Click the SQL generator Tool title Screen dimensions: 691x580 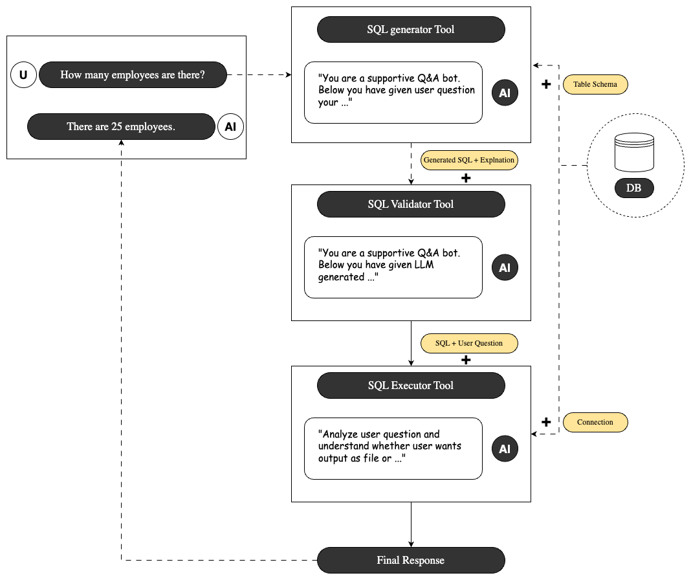point(411,30)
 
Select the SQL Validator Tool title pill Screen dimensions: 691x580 point(411,204)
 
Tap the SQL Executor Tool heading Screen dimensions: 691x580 point(411,386)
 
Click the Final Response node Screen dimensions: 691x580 point(411,560)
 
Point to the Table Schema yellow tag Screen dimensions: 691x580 point(595,84)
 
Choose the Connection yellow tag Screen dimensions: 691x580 point(595,422)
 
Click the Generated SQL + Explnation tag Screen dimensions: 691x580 point(469,160)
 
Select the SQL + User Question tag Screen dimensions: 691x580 point(469,343)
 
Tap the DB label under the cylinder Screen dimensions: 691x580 point(633,188)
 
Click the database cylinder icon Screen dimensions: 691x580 point(634,152)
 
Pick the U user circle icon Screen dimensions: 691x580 point(23,74)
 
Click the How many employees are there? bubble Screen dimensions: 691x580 point(133,74)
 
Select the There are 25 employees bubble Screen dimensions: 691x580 point(121,127)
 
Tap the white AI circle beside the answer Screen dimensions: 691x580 point(230,127)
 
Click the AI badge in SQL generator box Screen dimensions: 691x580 point(505,93)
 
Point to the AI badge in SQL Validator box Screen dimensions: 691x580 point(505,267)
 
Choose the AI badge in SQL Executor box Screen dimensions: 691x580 point(505,449)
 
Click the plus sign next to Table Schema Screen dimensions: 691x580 point(546,84)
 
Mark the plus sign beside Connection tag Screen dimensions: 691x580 point(546,422)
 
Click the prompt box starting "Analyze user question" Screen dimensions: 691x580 point(393,449)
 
